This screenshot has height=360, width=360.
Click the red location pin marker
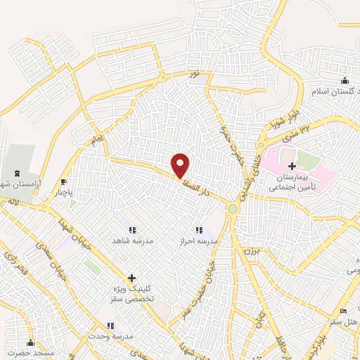coord(181,164)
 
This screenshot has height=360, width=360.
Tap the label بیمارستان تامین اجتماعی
coord(292,184)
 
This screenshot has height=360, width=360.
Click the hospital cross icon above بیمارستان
coord(292,165)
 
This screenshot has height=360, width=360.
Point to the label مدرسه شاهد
coord(132,240)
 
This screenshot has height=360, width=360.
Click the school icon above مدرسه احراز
coord(199,229)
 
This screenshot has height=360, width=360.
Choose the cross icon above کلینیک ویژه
coord(131,278)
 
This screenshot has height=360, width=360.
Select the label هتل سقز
coord(343,321)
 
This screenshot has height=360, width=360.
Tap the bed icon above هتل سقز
coord(343,311)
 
